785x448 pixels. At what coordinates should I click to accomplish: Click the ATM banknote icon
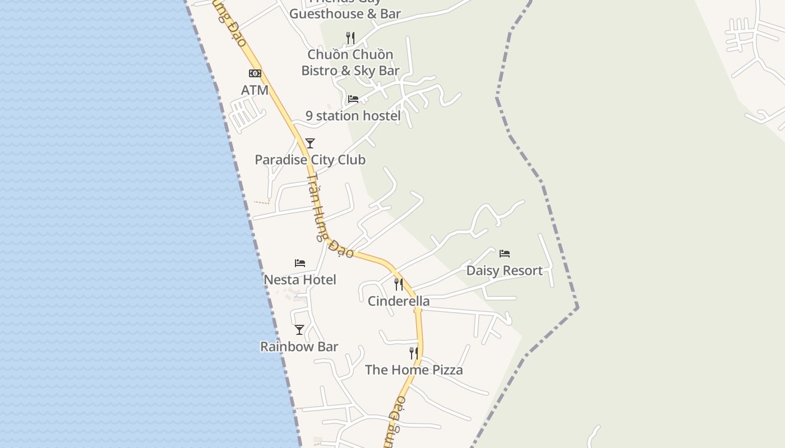pos(255,73)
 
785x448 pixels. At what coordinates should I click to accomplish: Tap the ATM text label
pos(255,90)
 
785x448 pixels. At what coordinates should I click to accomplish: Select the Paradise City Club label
pos(310,160)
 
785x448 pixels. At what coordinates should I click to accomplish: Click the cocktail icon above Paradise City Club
pos(310,143)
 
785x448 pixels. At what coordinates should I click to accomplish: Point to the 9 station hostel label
pos(353,116)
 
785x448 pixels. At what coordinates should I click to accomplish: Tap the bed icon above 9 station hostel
pos(353,99)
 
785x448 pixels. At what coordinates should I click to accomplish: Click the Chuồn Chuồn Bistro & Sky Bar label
pos(350,62)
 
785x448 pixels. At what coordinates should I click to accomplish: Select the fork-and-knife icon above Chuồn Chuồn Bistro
pos(350,38)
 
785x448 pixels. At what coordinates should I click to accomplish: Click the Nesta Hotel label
pos(300,279)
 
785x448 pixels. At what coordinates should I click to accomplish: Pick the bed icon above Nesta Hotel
pos(300,263)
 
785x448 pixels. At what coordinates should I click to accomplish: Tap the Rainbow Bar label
pos(299,347)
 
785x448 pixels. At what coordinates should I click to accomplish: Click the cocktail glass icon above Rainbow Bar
pos(299,330)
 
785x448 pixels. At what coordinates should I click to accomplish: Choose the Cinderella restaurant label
pos(399,301)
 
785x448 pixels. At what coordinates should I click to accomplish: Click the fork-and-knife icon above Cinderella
pos(399,284)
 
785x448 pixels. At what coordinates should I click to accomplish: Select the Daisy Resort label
pos(505,270)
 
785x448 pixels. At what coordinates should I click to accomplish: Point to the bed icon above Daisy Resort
pos(505,254)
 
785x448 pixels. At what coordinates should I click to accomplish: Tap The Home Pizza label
pos(414,370)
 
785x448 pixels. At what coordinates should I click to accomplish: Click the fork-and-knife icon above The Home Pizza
pos(414,353)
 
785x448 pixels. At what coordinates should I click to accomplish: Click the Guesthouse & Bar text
pos(345,13)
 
